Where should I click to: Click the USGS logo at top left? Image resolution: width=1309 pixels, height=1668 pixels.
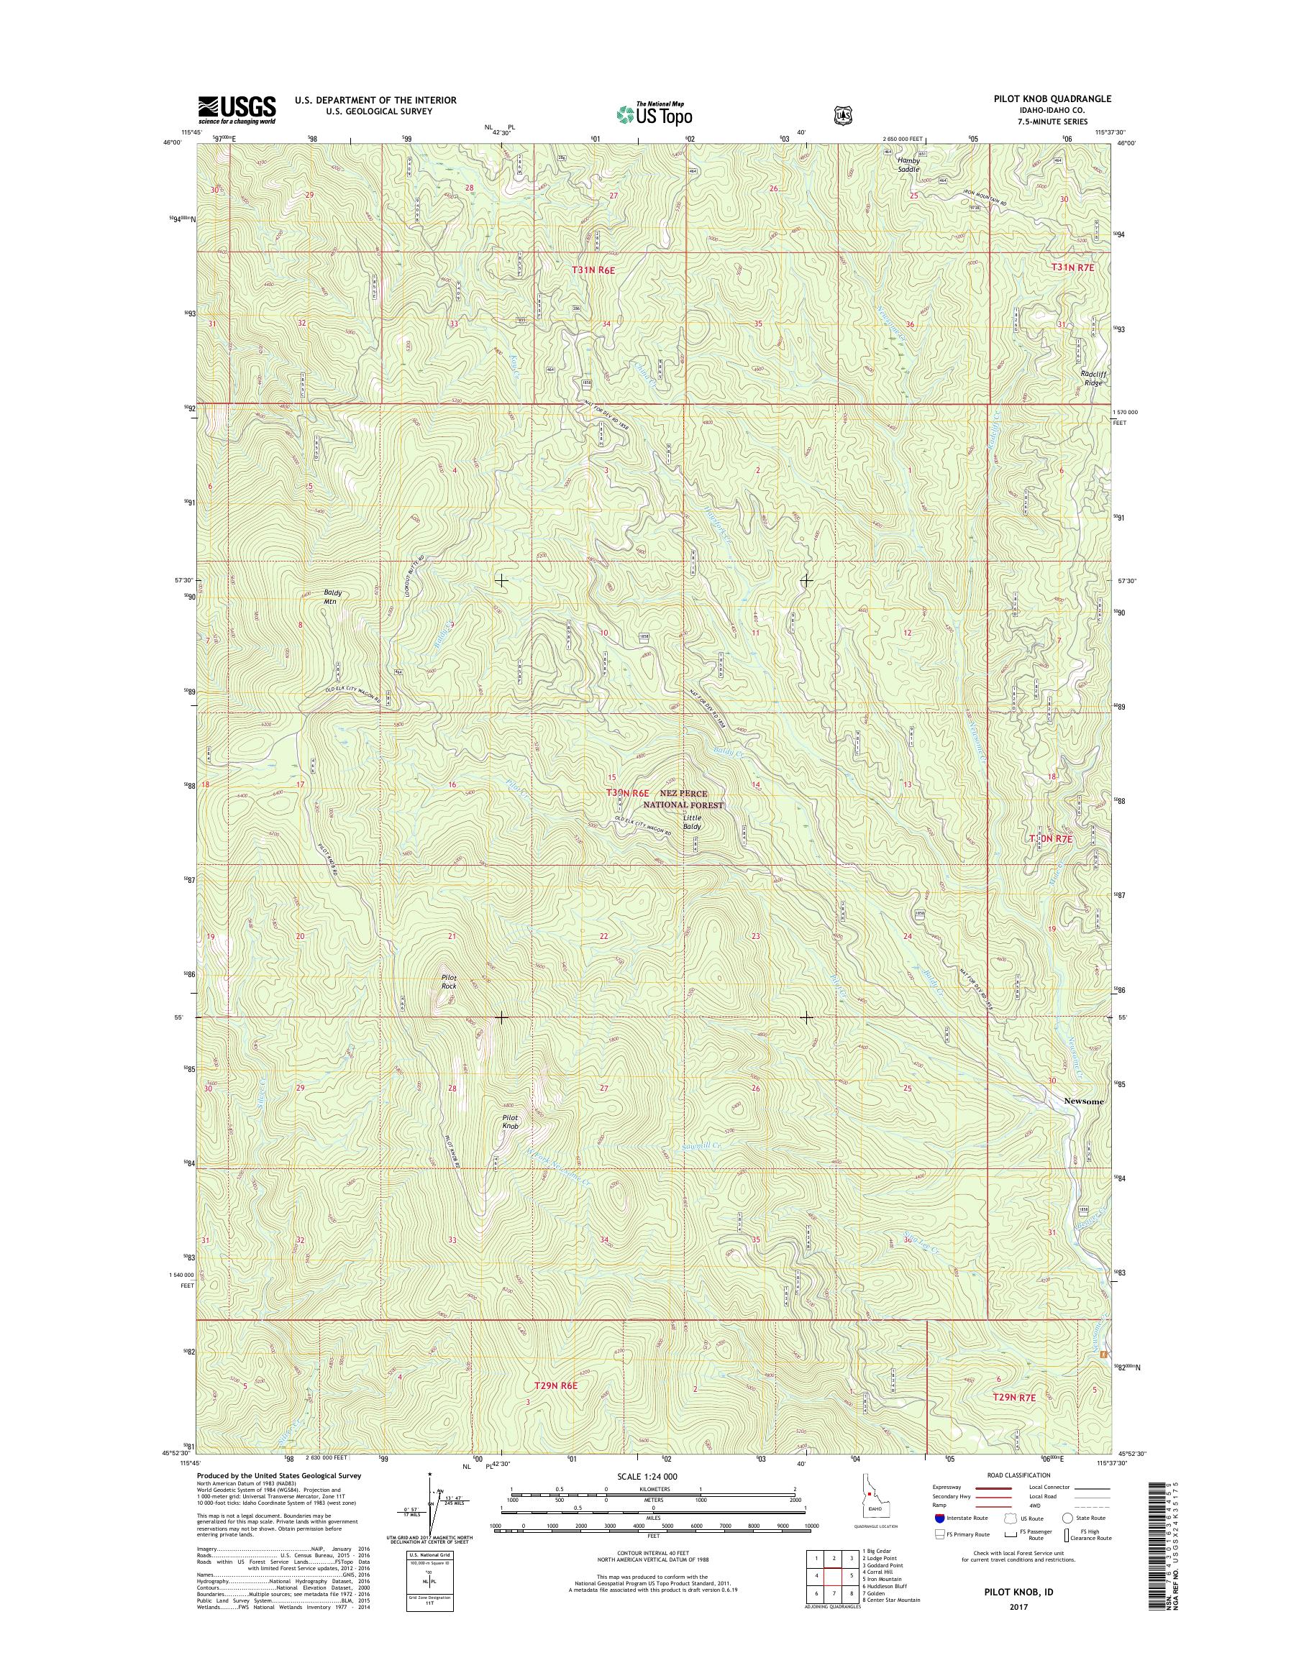pos(237,109)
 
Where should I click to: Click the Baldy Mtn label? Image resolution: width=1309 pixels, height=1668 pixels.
pos(332,597)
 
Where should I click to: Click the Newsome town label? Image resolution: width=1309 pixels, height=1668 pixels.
pos(1084,1101)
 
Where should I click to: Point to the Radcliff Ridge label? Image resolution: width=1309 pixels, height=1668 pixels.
pos(1094,377)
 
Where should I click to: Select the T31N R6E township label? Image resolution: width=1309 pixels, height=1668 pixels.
pos(594,270)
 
